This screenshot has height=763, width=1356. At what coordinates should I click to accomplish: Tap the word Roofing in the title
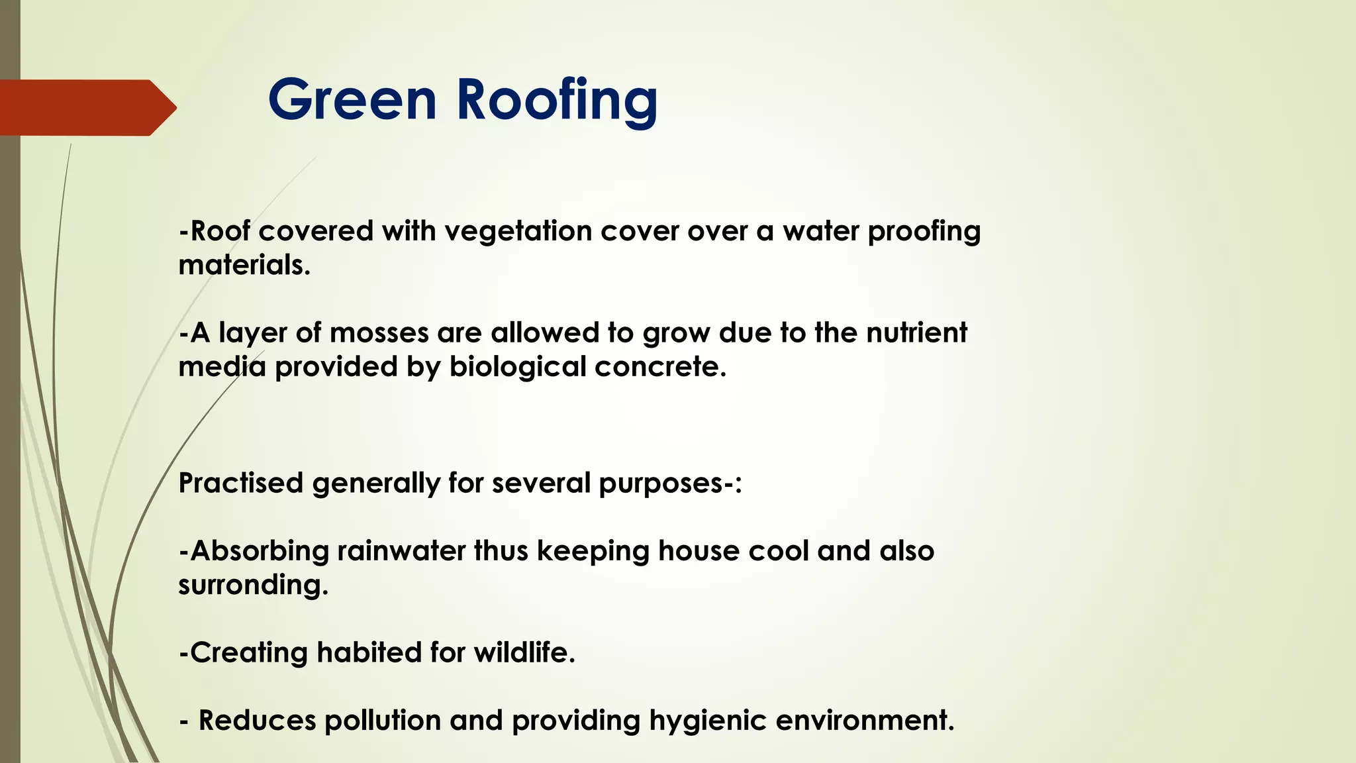(557, 101)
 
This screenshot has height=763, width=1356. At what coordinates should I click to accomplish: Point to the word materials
(244, 266)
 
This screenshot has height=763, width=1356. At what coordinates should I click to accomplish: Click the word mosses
(379, 332)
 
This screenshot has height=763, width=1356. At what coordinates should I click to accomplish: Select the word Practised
(241, 483)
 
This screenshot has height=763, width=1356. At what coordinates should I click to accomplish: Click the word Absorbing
(259, 551)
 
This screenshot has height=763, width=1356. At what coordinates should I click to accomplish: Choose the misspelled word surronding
(252, 585)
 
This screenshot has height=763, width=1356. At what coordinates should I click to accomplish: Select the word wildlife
(524, 652)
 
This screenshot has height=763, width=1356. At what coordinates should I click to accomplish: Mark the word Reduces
(258, 721)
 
